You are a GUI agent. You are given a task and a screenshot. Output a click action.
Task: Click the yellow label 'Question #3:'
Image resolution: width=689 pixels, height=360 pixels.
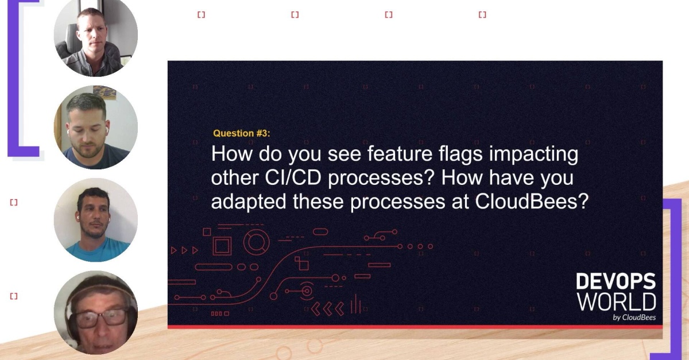click(x=241, y=133)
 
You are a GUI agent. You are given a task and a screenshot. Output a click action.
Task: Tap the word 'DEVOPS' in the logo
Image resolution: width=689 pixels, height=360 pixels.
click(x=616, y=282)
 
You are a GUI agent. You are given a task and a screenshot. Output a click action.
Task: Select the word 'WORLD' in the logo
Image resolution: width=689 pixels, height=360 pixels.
click(x=616, y=301)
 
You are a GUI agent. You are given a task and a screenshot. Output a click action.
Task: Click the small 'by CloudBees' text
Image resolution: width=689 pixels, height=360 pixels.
click(x=634, y=318)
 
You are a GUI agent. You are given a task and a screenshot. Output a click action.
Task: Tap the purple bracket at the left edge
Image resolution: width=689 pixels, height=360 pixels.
click(x=17, y=80)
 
